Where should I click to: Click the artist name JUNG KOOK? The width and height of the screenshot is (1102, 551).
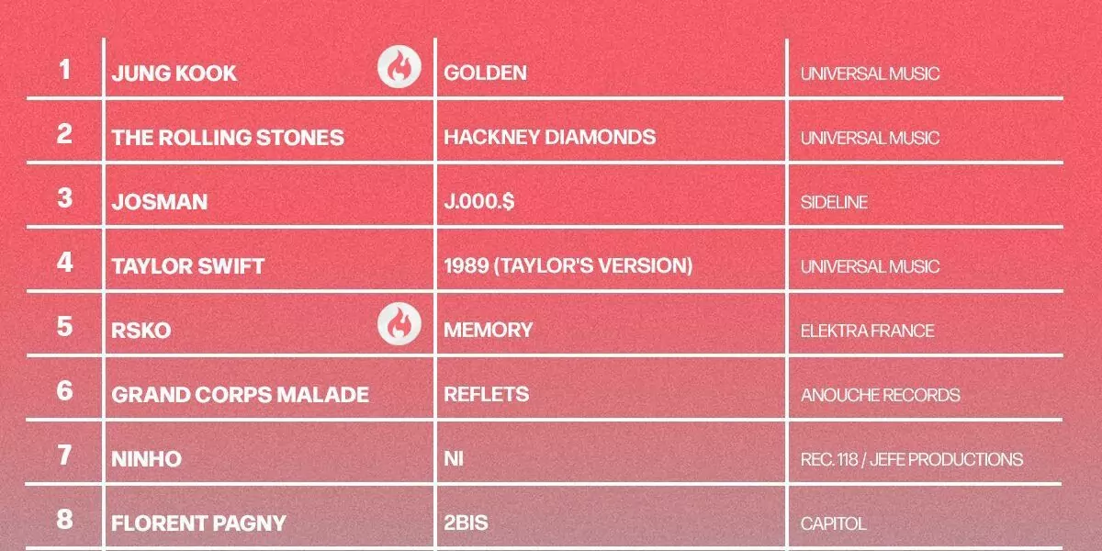pos(174,73)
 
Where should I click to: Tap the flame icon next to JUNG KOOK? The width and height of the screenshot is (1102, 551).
pos(399,67)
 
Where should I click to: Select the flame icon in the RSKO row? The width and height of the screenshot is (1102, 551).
pos(399,323)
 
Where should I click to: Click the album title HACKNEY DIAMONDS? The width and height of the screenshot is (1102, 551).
pos(549,137)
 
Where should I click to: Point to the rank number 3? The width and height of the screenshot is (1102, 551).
pos(64,197)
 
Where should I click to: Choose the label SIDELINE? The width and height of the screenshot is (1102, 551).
pos(834,202)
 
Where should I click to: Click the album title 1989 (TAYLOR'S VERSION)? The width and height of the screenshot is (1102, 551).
pos(568,265)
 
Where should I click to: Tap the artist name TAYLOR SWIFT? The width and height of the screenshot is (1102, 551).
pos(188,266)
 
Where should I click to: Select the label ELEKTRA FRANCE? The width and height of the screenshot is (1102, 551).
pos(867,331)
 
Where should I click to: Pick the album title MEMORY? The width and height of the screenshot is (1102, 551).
pos(488,330)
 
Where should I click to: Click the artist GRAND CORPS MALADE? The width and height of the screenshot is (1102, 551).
pos(240,395)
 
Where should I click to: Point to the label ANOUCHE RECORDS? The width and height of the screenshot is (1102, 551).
pos(880,395)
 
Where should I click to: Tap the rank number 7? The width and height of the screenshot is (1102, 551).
pos(64,455)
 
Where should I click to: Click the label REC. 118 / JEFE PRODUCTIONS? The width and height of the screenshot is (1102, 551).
pos(912,459)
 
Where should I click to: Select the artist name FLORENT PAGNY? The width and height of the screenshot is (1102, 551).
pos(198,523)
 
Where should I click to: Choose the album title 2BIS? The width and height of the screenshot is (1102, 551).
pos(466,523)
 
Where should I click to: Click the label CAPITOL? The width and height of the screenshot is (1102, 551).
pos(834,523)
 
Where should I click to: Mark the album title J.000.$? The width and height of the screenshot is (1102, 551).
pos(478,201)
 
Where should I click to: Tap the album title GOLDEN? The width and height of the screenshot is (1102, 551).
pos(485,73)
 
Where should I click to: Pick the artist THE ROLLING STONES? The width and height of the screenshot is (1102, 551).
pos(228,138)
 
